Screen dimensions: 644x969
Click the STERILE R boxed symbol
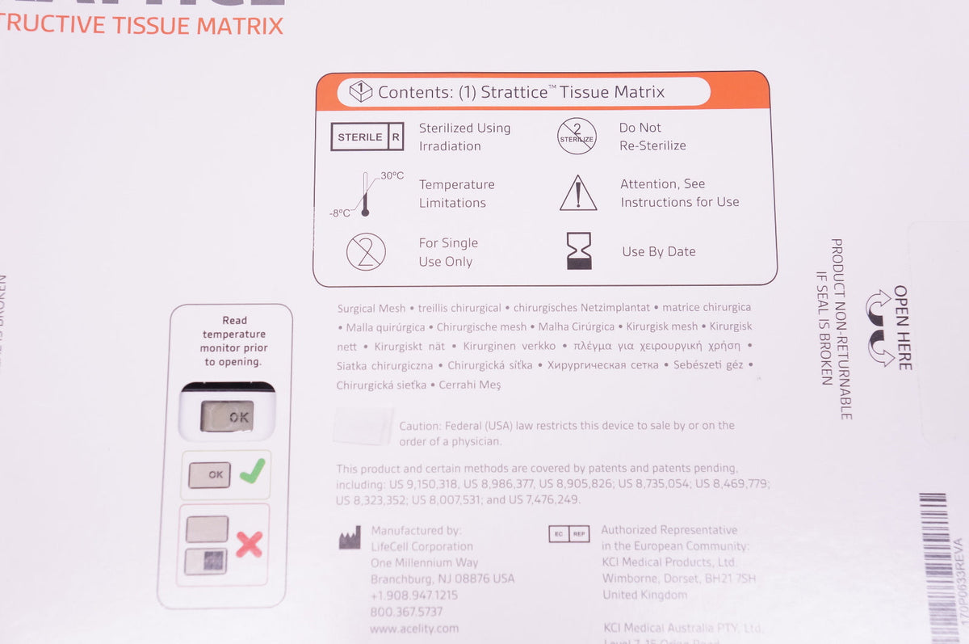(367, 137)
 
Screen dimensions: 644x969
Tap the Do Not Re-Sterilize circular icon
(577, 137)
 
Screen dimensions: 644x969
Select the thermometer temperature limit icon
(365, 194)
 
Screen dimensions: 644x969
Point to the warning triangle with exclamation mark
(578, 194)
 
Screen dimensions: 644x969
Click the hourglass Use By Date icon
(578, 251)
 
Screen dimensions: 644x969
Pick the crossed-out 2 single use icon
(366, 252)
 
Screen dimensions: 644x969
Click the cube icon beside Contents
(360, 92)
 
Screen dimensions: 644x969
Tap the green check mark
(253, 472)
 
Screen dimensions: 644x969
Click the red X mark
(249, 544)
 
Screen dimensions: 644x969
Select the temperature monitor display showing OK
(227, 416)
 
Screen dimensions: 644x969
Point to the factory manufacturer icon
(349, 538)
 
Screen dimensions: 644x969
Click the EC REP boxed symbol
(568, 533)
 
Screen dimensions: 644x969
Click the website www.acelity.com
(414, 628)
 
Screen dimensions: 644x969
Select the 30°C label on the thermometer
(392, 175)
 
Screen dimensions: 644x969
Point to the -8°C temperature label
(340, 213)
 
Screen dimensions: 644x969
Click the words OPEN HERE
(902, 327)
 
